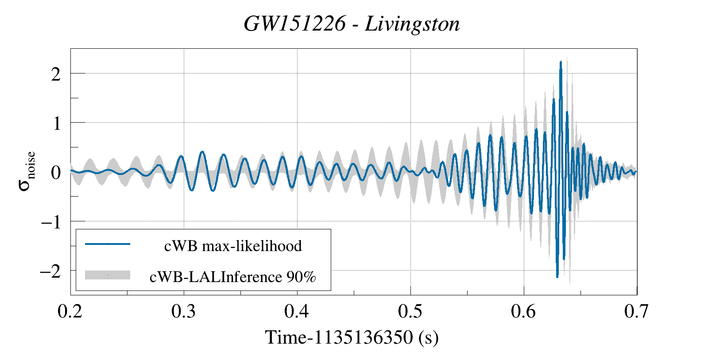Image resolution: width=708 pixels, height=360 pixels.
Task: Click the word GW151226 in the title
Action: [294, 23]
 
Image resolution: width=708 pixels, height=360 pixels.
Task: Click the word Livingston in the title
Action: [412, 23]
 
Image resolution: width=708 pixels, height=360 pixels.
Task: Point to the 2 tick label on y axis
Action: [56, 74]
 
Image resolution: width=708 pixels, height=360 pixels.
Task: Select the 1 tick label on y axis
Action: [56, 124]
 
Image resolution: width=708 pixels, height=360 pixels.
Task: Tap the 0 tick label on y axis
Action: [56, 173]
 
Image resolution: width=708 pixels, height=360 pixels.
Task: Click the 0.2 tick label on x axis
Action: [70, 312]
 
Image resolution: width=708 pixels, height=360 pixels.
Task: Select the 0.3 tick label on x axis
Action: [183, 312]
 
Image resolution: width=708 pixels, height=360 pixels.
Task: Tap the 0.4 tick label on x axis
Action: [297, 312]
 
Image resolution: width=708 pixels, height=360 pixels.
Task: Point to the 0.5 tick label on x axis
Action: [410, 312]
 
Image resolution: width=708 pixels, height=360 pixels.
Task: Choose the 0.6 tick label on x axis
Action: [523, 312]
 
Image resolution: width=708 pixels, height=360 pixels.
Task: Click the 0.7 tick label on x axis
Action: [637, 312]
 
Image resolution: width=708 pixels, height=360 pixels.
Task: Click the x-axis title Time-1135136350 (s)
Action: [352, 337]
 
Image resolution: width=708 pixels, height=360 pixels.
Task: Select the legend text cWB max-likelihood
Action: [233, 246]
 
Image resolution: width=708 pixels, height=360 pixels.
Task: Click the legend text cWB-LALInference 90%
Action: [233, 277]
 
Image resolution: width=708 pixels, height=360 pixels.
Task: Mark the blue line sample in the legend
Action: [108, 244]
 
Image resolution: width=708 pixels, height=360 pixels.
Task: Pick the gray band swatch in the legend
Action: [108, 275]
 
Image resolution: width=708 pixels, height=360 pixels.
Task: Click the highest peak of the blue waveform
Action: [561, 62]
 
